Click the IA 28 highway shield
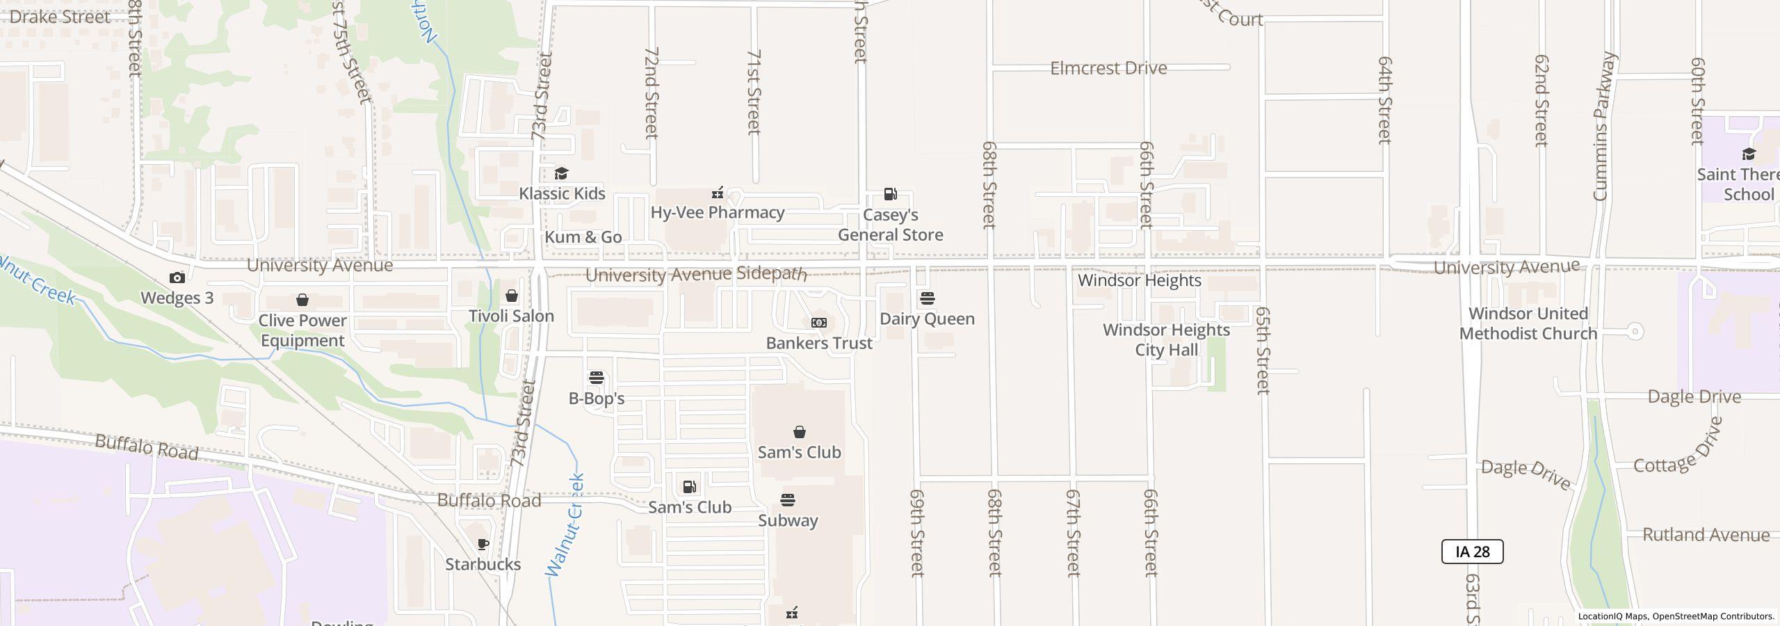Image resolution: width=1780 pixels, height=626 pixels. [x=1472, y=552]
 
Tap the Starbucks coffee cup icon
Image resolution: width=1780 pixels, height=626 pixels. [x=483, y=544]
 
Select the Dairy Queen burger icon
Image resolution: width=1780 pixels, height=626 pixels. [x=927, y=298]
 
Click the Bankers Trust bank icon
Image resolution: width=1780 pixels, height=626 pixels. [x=819, y=323]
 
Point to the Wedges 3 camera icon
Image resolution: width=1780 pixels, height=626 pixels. [x=177, y=278]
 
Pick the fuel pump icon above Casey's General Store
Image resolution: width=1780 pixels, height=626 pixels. [x=890, y=194]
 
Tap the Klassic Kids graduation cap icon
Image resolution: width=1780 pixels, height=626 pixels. [x=561, y=173]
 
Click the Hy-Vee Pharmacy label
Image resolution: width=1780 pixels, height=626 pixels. [x=718, y=213]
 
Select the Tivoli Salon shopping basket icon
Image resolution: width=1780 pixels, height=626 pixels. [x=512, y=296]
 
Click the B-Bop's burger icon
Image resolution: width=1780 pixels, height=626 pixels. [x=597, y=378]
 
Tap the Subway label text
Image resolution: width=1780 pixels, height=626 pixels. [x=788, y=520]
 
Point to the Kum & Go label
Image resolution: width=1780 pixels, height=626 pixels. [x=583, y=237]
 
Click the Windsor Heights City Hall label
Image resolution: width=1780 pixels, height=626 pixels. [x=1166, y=339]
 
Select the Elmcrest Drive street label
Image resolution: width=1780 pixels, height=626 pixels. [x=1108, y=68]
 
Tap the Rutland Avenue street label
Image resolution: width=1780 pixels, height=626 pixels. [x=1706, y=535]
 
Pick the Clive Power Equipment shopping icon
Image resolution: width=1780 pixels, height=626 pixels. [x=302, y=300]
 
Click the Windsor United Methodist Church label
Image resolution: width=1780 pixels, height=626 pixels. [x=1528, y=323]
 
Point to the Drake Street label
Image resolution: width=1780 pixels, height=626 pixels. [x=60, y=17]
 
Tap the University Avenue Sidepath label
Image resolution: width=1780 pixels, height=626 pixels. [x=696, y=275]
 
